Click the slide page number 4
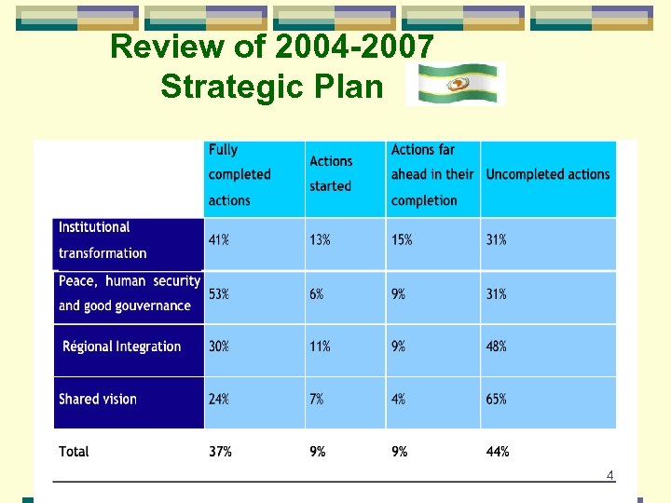pos(610,476)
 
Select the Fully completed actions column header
pos(240,174)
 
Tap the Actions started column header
pos(331,174)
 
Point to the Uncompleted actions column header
pos(548,174)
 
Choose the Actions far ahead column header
pos(432,174)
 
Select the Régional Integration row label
pos(121,347)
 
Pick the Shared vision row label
pos(98,399)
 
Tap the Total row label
pos(75,452)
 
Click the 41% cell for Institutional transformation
pos(220,240)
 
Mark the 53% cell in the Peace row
pos(220,294)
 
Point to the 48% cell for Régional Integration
pos(497,347)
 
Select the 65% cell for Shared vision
pos(497,399)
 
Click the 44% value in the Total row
pos(498,452)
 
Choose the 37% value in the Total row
pos(221,452)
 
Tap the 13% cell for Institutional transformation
pos(320,240)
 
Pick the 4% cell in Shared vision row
pos(398,399)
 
